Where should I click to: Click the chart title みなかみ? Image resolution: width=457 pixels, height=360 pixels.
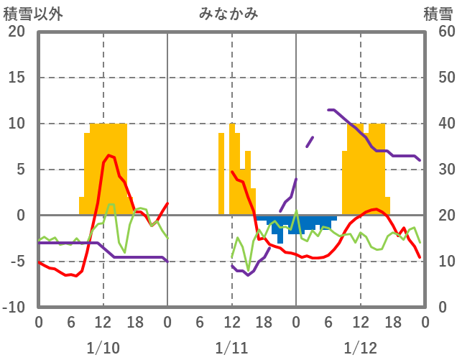[228, 14]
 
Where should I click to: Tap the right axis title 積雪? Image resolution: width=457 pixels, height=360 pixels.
[437, 14]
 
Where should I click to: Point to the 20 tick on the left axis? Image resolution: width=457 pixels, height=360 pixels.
[16, 32]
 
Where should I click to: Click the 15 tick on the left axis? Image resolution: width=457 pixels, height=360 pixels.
[16, 78]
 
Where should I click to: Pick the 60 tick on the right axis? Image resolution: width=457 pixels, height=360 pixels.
[440, 32]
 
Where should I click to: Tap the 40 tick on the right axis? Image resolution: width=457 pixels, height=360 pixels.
[440, 124]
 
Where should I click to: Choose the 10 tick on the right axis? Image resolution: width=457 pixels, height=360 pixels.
[440, 262]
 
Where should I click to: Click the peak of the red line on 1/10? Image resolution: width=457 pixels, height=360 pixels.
[109, 155]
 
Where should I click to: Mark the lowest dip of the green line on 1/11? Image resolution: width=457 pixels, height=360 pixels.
[249, 271]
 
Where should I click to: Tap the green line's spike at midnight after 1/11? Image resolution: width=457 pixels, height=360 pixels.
[296, 211]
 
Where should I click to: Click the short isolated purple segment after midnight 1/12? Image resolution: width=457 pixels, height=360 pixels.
[310, 142]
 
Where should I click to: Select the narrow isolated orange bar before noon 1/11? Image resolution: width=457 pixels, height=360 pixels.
[221, 174]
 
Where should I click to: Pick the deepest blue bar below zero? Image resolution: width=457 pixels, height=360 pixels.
[280, 238]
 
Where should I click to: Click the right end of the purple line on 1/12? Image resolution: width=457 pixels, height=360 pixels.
[420, 160]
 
